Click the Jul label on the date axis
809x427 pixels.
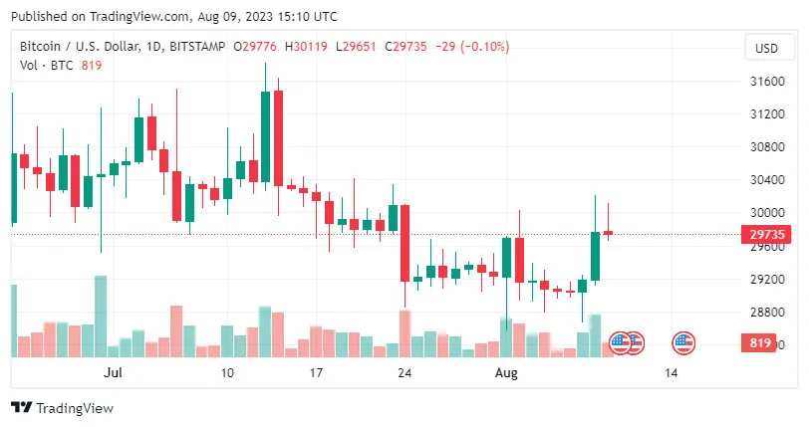click(113, 373)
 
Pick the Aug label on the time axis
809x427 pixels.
click(507, 373)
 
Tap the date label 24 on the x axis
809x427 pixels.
click(404, 373)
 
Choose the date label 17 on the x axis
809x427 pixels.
click(316, 373)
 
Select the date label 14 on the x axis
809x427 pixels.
click(672, 373)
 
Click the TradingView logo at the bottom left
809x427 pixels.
click(62, 408)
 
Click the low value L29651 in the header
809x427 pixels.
click(356, 47)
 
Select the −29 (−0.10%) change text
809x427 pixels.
click(473, 47)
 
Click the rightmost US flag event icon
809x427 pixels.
click(683, 342)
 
